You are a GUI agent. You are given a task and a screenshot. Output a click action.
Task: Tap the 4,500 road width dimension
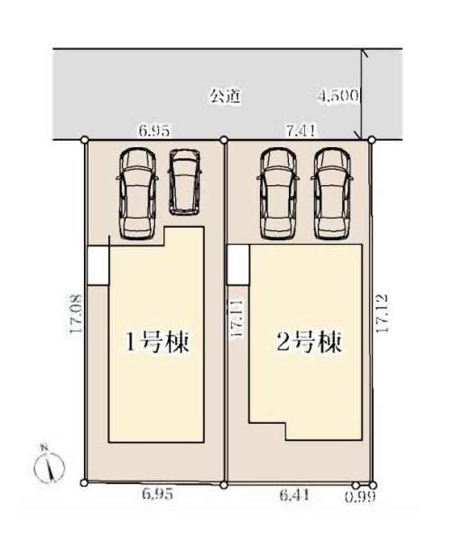click(339, 95)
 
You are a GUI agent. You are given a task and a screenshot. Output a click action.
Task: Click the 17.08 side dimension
click(76, 313)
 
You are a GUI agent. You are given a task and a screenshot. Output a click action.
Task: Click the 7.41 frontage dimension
click(300, 131)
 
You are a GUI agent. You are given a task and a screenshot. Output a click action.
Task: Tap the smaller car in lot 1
click(186, 182)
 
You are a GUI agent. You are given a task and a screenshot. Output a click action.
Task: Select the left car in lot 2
click(277, 192)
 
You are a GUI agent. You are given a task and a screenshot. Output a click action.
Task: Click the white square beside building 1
click(97, 265)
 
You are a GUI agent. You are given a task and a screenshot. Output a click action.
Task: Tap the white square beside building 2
click(237, 265)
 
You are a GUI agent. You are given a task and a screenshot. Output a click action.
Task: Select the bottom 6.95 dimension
click(157, 495)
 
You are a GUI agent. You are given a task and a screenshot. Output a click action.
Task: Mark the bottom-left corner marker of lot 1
click(84, 483)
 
